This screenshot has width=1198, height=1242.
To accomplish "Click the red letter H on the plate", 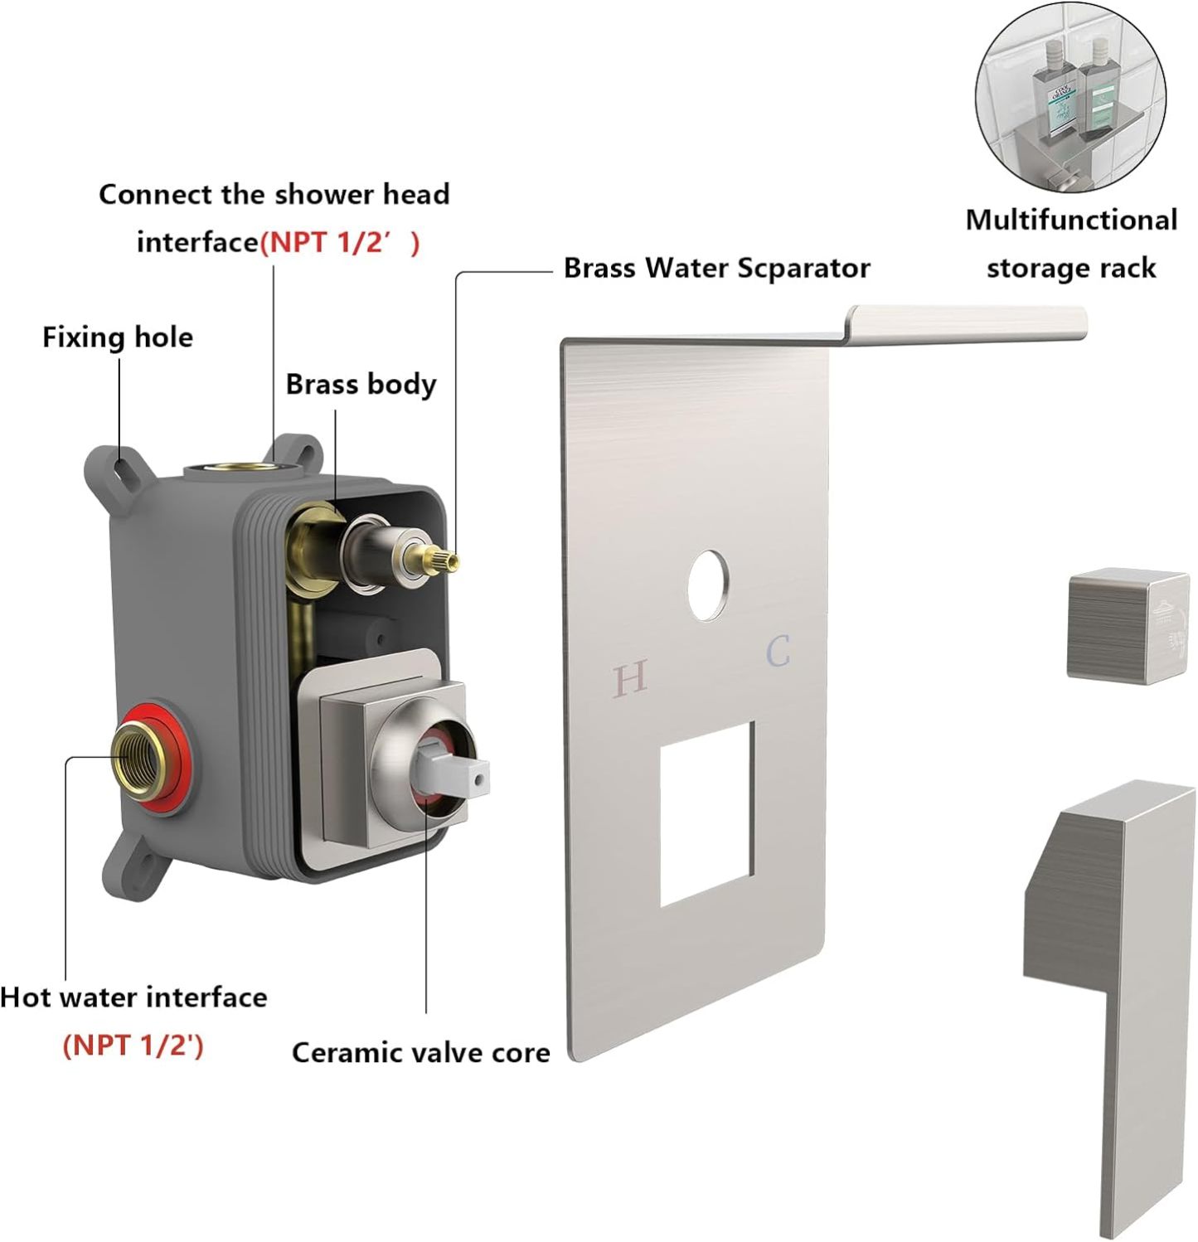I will coord(630,679).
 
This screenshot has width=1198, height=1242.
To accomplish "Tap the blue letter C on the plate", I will coord(778,651).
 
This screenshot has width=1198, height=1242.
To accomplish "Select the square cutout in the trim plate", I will coord(707,813).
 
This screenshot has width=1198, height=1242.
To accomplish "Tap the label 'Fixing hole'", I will coord(118,337).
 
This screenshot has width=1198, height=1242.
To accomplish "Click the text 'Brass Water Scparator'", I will coord(716,269).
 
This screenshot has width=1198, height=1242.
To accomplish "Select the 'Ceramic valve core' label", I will coord(420,1052).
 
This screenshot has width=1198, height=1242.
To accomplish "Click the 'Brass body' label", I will coord(361,385).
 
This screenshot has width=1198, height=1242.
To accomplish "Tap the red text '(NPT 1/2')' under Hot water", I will coord(133,1045).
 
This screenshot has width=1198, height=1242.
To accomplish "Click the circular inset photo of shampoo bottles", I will coord(1069,97).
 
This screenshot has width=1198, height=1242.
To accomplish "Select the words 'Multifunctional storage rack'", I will coord(1070,244).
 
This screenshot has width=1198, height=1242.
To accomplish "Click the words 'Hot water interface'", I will coord(133,997).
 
